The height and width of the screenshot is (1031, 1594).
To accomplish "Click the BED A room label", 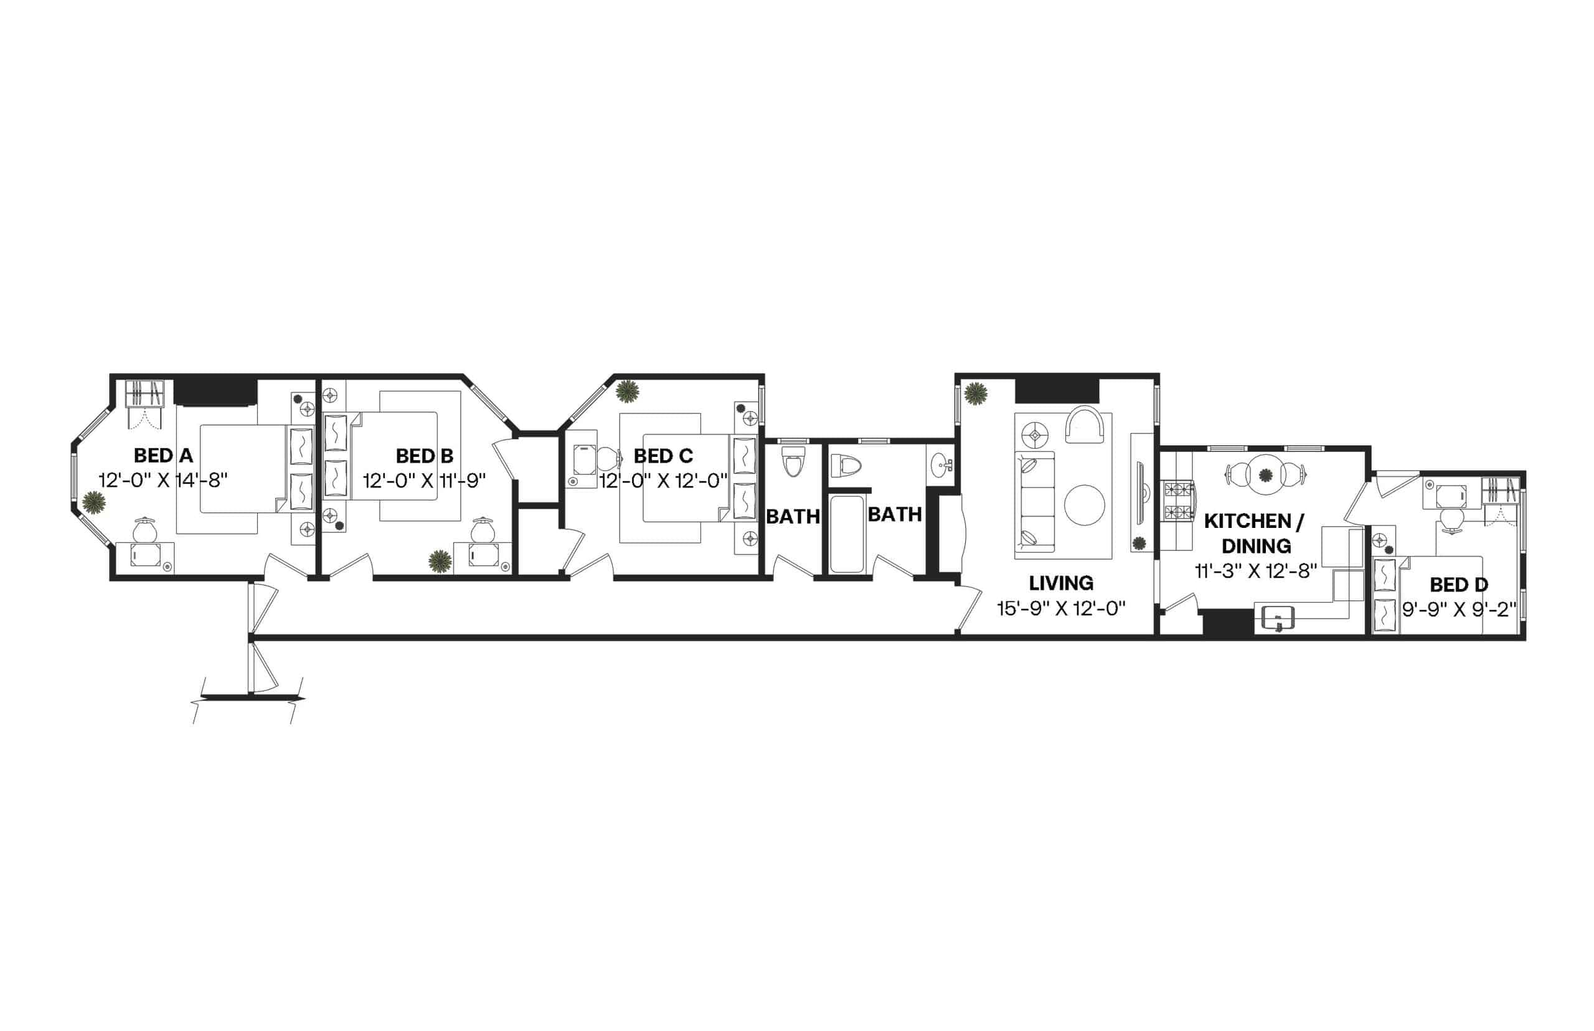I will [x=163, y=456].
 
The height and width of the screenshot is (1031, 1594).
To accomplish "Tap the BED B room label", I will [x=425, y=456].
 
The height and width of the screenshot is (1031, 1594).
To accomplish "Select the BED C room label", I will [x=663, y=456].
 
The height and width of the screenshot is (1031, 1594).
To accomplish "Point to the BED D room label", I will [x=1459, y=585].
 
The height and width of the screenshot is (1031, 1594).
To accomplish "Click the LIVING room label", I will [x=1061, y=584].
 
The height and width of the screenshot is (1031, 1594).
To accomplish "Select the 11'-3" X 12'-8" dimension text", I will [x=1256, y=571].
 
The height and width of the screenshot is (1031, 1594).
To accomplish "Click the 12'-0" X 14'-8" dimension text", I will [x=163, y=481].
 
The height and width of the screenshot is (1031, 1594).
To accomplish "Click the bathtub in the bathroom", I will [x=846, y=534].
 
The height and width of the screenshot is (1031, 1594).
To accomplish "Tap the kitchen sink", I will [x=1277, y=618].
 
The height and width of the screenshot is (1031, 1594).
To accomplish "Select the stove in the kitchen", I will [x=1178, y=501].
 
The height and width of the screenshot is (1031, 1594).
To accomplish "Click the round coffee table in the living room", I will [x=1085, y=505].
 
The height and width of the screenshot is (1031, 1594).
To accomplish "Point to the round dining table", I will [x=1265, y=474].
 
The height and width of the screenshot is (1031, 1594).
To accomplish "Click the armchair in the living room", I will [x=1084, y=425].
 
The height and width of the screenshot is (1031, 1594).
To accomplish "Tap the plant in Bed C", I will [x=627, y=392].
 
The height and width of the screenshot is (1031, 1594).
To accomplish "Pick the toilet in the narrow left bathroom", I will [x=793, y=462].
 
